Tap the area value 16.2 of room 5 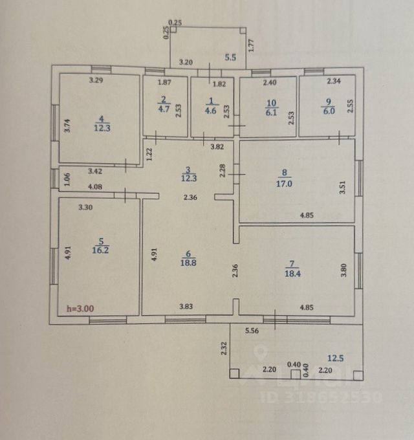[x=100, y=247]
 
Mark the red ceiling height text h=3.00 [x=80, y=309]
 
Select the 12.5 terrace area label [x=335, y=358]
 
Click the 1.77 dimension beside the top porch [x=252, y=46]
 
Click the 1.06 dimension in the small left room [x=66, y=177]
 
